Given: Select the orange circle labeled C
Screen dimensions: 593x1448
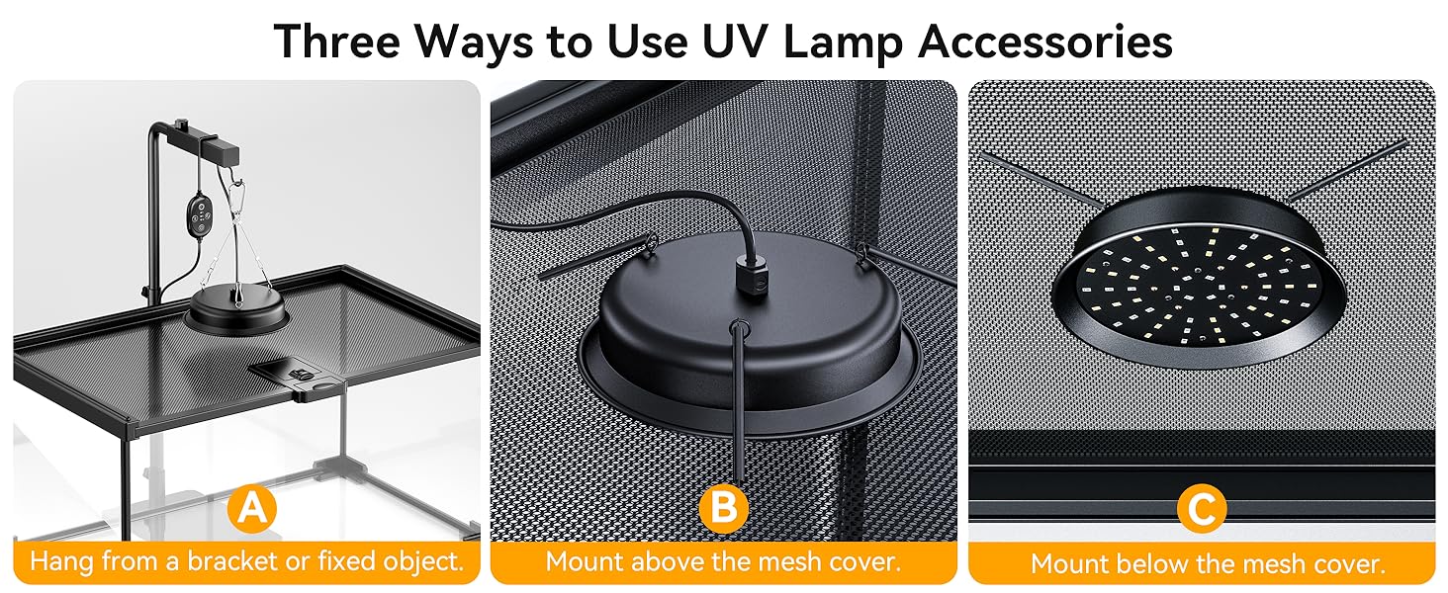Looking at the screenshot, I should [x=1202, y=510].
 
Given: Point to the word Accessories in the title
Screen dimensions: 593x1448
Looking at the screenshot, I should [x=1047, y=42].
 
